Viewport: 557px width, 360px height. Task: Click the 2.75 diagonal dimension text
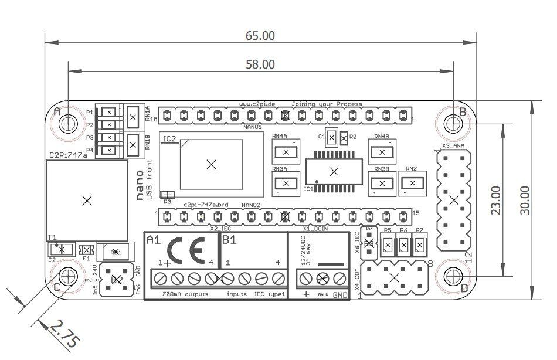(62, 334)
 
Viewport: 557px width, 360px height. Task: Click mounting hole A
(69, 123)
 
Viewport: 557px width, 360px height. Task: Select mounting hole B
(453, 123)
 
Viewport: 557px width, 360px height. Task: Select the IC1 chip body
(334, 172)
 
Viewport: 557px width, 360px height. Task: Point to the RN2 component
(413, 183)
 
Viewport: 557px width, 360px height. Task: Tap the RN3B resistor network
(382, 183)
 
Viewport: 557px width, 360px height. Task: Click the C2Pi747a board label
(68, 154)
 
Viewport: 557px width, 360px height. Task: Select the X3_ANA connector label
(453, 145)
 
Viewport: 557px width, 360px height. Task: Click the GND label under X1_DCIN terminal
(340, 294)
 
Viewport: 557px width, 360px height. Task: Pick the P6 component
(403, 244)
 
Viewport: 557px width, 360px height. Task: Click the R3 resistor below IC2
(168, 195)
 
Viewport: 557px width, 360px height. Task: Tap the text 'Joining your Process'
(327, 104)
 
